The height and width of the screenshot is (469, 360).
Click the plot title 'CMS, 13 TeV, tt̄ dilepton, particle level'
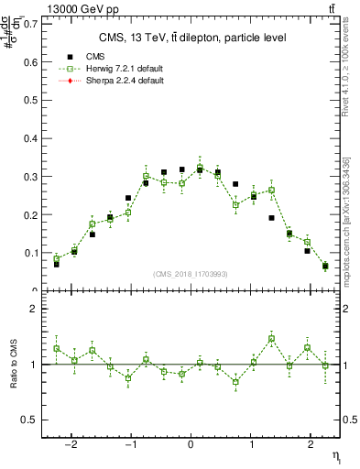191,38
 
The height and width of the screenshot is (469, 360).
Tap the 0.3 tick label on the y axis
32,176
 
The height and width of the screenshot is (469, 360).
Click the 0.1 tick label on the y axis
32,253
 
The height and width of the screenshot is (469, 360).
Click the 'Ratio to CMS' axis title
12,365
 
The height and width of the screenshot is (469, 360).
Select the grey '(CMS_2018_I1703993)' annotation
191,273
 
